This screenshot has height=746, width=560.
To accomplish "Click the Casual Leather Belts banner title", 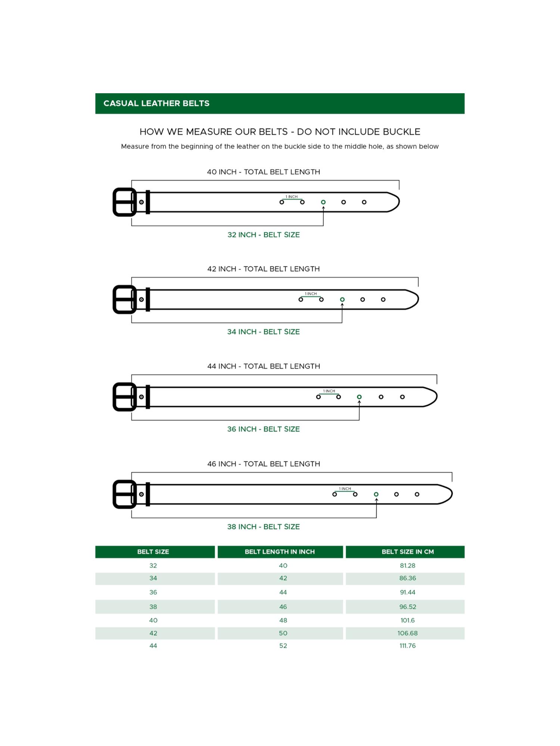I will coord(156,103).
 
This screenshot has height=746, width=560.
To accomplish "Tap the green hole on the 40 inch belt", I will coord(323,202).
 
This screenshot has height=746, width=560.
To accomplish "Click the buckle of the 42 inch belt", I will coord(124,300).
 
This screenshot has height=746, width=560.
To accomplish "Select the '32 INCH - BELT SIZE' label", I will coord(264,235).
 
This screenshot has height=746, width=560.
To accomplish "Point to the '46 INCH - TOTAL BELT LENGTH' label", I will coord(264,464).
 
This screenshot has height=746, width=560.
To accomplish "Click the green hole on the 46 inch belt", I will coord(376,494).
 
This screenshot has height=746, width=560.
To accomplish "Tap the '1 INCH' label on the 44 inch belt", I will coord(329,391).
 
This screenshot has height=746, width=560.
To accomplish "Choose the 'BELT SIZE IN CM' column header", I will coord(407,552).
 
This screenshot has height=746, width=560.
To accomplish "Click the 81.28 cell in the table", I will coord(407,565).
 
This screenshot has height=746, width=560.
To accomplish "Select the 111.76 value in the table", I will coord(407,646).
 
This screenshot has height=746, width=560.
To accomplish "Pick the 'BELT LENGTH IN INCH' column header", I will coord(280,552).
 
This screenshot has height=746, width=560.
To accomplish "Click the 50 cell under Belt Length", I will coord(283,633).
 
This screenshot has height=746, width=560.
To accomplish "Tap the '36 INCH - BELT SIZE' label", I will coord(264,429).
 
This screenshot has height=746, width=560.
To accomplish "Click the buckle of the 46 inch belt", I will coord(124,494).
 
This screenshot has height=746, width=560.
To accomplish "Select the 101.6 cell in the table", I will coord(407,620).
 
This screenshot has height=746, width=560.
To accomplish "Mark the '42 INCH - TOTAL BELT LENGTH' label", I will coord(264,269).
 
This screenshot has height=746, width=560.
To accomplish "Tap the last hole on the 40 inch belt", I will coord(364,202).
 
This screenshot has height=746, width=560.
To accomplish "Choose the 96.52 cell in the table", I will coord(407,607).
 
